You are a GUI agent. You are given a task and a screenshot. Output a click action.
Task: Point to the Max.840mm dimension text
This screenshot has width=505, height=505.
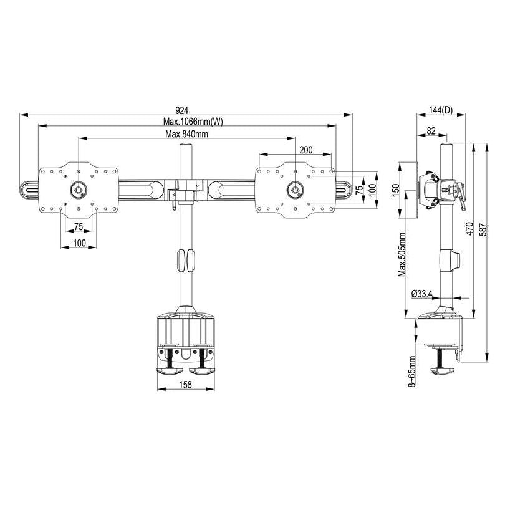coord(186,134)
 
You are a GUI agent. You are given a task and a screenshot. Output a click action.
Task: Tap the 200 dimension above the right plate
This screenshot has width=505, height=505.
coord(306,150)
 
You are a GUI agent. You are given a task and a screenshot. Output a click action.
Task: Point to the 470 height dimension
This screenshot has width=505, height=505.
coord(469,228)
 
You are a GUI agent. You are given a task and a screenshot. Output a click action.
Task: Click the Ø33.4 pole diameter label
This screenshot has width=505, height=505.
coord(423,294)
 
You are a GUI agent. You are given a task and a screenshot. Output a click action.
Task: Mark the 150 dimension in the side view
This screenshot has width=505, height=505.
coord(395,190)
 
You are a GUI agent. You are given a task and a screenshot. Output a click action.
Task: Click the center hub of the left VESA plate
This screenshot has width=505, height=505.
coord(79,189)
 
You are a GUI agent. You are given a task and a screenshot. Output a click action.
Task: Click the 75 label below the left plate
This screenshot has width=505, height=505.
coord(79,227)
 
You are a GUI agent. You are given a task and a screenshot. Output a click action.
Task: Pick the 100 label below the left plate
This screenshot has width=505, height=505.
coord(79,243)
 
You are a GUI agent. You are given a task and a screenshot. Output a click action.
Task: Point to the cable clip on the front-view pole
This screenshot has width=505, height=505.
coord(185,261)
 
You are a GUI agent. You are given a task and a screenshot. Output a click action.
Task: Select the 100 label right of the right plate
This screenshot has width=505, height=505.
coord(372,188)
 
